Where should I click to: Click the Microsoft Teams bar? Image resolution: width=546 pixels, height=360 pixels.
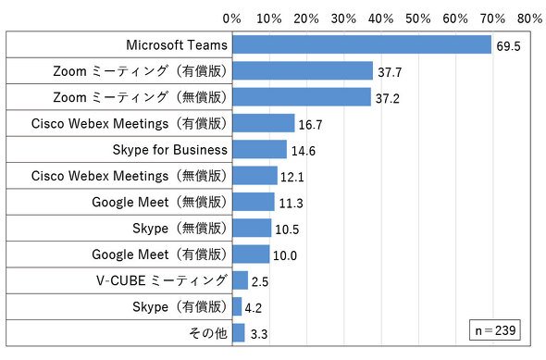[362, 44]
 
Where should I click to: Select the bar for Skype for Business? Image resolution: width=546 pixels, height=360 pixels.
[259, 149]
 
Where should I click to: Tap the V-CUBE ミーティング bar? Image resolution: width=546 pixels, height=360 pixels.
[241, 280]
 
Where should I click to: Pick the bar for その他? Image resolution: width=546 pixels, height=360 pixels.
[239, 333]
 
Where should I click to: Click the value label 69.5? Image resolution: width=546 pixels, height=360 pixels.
[508, 46]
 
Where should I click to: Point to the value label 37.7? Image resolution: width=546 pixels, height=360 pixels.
[390, 72]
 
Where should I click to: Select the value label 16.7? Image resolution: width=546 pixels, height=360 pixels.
[310, 125]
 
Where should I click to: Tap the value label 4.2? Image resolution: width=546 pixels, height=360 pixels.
[254, 308]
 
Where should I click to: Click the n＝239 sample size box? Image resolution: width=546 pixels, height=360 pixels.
[495, 329]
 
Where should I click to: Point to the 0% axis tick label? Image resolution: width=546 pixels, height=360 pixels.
[232, 19]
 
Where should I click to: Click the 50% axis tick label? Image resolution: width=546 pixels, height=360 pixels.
[418, 19]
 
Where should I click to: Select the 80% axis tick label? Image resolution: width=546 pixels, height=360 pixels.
[529, 19]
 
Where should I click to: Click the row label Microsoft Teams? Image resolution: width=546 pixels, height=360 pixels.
[177, 45]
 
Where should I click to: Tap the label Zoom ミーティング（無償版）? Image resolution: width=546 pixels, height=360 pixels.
[140, 97]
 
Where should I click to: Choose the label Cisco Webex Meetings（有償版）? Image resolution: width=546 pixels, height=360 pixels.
[130, 123]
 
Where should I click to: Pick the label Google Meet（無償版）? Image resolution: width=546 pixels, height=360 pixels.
[159, 202]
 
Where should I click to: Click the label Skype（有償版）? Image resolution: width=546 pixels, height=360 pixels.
[180, 306]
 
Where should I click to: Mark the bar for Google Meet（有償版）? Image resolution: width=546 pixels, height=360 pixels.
[251, 254]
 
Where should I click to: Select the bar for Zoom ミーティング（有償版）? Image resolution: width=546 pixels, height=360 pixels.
[303, 70]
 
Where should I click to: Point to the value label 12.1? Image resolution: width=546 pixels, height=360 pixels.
[292, 177]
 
